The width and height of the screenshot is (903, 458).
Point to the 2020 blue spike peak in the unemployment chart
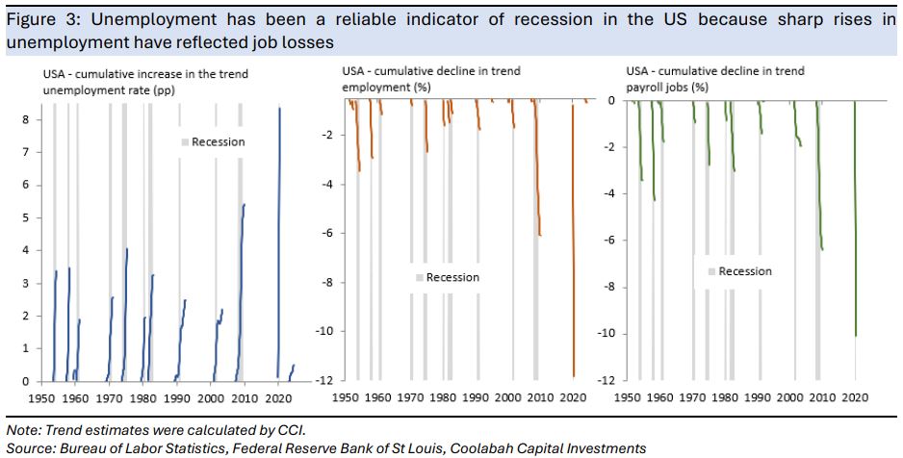(x=279, y=109)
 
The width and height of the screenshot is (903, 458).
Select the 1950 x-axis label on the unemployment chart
(x=40, y=395)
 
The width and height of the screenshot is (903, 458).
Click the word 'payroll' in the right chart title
(x=645, y=86)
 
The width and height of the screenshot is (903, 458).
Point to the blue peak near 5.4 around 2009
(x=245, y=205)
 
